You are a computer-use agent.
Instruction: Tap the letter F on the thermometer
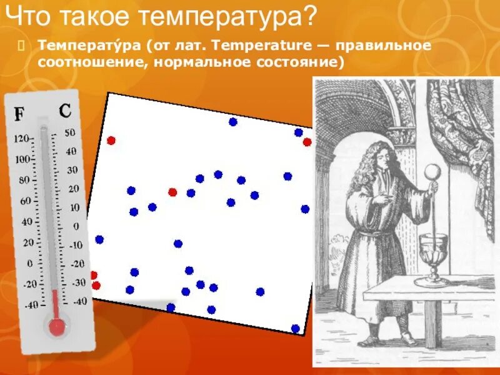pos(20,114)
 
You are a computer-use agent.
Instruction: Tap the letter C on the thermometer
pos(65,111)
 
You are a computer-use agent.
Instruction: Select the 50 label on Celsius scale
pos(70,132)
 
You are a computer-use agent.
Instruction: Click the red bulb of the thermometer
pos(57,326)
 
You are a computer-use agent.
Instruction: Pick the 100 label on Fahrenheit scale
pos(22,159)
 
